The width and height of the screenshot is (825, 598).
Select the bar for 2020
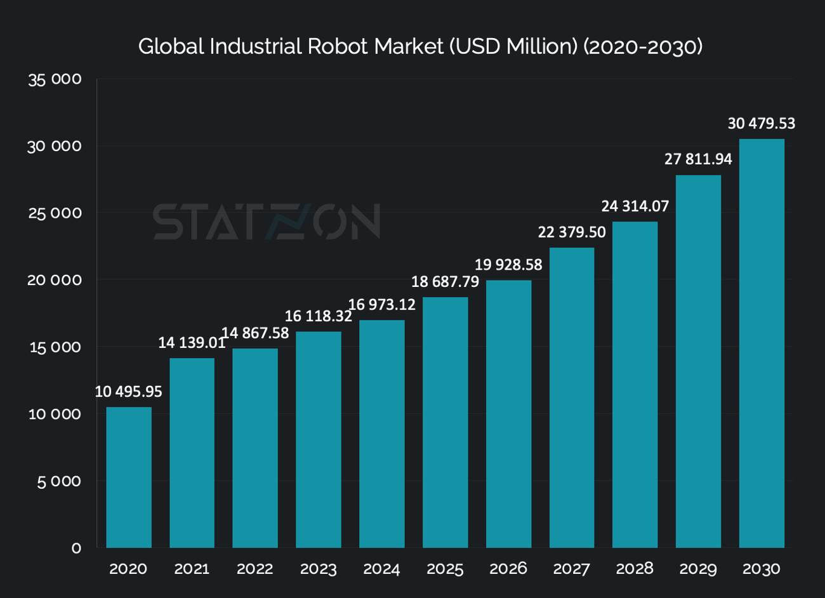pyautogui.click(x=129, y=477)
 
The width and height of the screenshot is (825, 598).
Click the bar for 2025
pyautogui.click(x=445, y=422)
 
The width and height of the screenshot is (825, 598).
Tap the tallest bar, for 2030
pyautogui.click(x=762, y=343)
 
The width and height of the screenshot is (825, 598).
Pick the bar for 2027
pyautogui.click(x=572, y=397)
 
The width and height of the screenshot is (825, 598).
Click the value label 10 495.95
pyautogui.click(x=129, y=392)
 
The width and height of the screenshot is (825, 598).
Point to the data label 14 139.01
pyautogui.click(x=192, y=343)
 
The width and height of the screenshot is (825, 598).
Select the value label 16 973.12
pyautogui.click(x=382, y=305)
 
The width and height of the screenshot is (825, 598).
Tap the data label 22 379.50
pyautogui.click(x=572, y=232)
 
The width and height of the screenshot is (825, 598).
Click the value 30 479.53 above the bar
pyautogui.click(x=761, y=123)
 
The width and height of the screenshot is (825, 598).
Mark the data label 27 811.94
pyautogui.click(x=698, y=159)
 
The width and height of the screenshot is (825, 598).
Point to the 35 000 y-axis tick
pyautogui.click(x=55, y=79)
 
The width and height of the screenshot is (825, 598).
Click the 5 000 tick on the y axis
pyautogui.click(x=59, y=481)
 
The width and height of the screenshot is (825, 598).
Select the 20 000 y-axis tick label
pyautogui.click(x=55, y=280)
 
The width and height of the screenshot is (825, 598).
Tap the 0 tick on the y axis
pyautogui.click(x=76, y=548)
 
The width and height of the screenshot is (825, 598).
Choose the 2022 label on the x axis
pyautogui.click(x=255, y=569)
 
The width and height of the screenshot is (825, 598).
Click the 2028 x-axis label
pyautogui.click(x=635, y=569)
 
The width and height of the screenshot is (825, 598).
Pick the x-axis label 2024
pyautogui.click(x=381, y=569)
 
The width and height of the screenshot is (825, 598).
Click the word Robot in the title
pyautogui.click(x=338, y=46)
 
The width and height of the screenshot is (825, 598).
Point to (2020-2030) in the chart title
pyautogui.click(x=642, y=46)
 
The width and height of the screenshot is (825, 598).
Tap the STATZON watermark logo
pyautogui.click(x=267, y=222)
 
